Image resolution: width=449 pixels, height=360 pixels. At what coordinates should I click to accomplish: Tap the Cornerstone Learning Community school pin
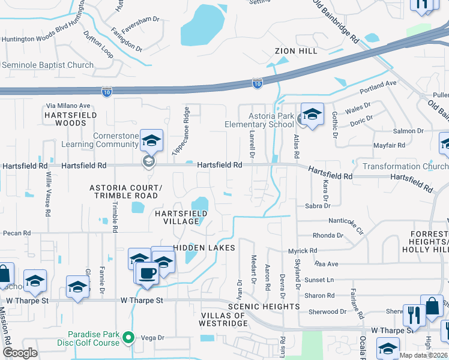(x=152, y=142)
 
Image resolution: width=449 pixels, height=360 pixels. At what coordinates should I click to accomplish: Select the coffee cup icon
(x=146, y=274)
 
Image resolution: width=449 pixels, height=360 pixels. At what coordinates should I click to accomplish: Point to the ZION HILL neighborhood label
(x=296, y=52)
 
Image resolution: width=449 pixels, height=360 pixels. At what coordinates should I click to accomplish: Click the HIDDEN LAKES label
(x=198, y=248)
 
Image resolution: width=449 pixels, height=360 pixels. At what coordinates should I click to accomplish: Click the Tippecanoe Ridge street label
(x=181, y=131)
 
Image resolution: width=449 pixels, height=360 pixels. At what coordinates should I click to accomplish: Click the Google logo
(x=20, y=352)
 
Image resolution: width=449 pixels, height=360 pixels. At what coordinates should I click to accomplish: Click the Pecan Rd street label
(x=16, y=233)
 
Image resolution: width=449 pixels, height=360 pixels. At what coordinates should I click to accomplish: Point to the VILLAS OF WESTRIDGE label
(x=223, y=320)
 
